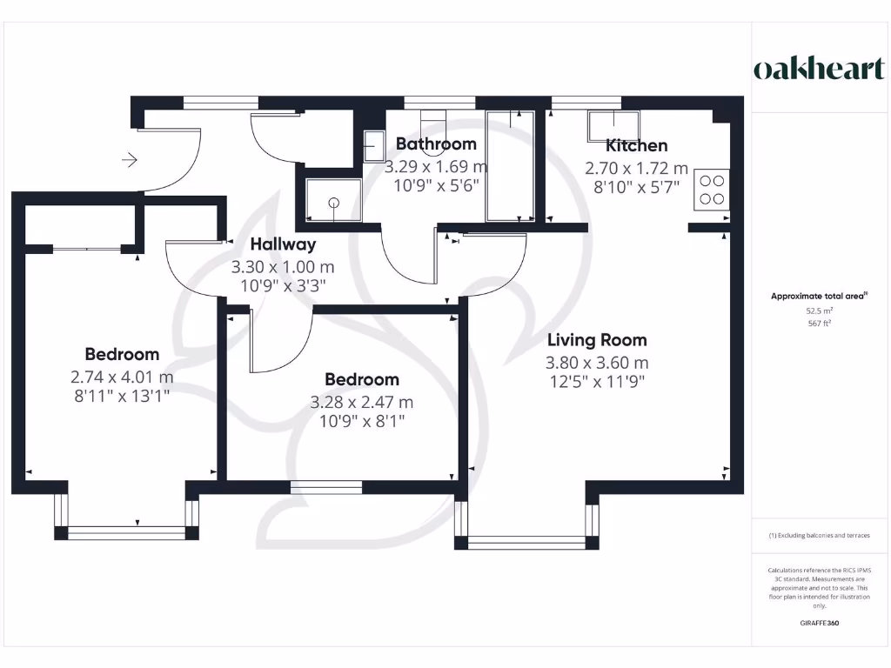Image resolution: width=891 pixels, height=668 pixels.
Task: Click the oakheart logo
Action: tap(818, 70)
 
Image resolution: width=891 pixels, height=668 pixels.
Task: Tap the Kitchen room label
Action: tap(637, 145)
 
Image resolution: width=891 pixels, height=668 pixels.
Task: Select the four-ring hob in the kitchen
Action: tap(712, 190)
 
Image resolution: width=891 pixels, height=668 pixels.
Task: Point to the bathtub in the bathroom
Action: tap(510, 165)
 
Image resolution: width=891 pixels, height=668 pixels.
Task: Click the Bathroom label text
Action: tap(436, 144)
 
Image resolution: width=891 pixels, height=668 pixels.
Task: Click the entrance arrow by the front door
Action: tap(130, 160)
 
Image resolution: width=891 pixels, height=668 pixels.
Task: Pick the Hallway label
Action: tap(283, 244)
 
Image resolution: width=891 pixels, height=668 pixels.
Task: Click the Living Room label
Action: tap(596, 340)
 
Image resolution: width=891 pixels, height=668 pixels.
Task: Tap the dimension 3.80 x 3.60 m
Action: tap(596, 363)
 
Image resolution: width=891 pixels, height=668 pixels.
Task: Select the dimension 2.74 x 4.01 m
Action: tap(122, 377)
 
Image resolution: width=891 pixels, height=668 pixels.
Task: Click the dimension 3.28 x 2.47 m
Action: tap(361, 402)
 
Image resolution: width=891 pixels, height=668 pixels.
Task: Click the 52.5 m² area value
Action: tap(819, 310)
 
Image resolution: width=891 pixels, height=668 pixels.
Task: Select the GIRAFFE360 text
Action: tap(819, 623)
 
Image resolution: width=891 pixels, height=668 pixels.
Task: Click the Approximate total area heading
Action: tap(819, 296)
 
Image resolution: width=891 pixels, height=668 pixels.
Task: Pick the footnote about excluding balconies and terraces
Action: tap(819, 535)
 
